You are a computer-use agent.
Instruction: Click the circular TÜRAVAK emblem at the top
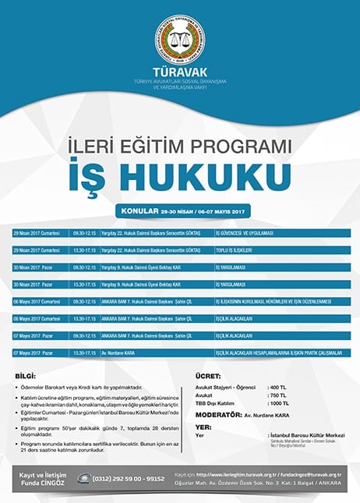[180, 39]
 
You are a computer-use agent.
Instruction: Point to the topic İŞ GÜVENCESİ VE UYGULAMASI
[245, 233]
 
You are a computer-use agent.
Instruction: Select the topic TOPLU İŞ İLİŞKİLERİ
[235, 250]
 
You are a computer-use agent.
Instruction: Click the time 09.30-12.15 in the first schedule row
[84, 233]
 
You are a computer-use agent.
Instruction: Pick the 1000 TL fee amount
[278, 402]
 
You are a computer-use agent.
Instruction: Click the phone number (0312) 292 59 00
[125, 478]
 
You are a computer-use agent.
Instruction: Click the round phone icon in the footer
[83, 478]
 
